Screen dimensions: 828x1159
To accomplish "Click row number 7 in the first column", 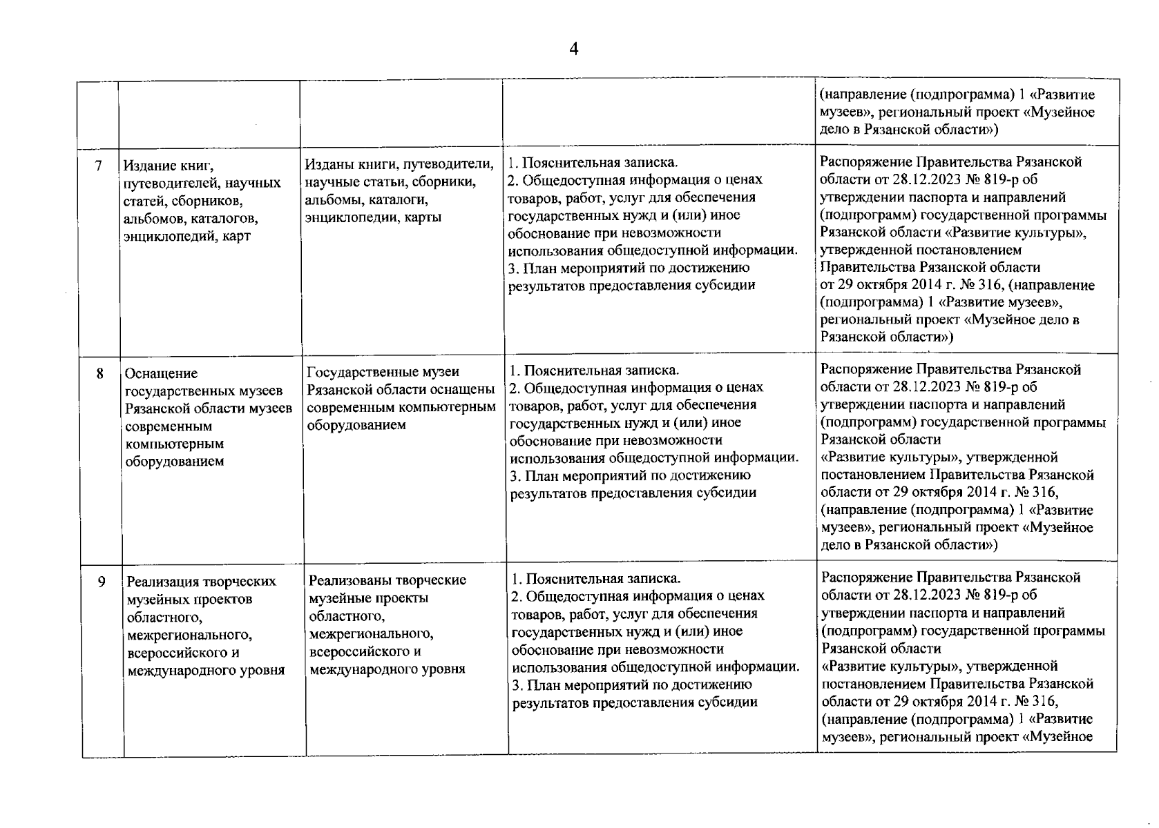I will (99, 166).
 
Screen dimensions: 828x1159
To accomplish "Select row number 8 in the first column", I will (100, 373).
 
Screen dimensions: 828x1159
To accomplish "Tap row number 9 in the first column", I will (101, 582).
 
